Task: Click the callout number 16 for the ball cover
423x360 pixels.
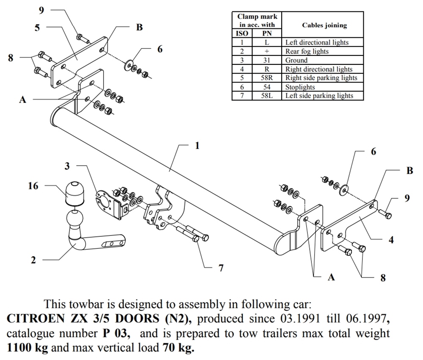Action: click(x=33, y=186)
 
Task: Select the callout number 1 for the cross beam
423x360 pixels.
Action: click(x=197, y=146)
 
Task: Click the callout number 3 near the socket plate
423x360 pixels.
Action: click(x=67, y=166)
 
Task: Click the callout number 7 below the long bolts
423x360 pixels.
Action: click(x=221, y=268)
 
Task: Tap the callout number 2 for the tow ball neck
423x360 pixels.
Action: click(x=33, y=260)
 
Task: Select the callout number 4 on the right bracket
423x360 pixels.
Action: click(x=391, y=240)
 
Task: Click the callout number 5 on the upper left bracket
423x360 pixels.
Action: click(x=38, y=28)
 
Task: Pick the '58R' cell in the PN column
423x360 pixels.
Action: click(x=267, y=78)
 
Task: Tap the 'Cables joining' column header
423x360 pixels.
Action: click(x=324, y=25)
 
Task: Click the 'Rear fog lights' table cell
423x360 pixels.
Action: click(x=307, y=51)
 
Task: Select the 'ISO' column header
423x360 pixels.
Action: click(x=242, y=33)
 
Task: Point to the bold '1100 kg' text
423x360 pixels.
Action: click(x=27, y=349)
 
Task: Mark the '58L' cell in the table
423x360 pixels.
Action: click(x=267, y=96)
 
